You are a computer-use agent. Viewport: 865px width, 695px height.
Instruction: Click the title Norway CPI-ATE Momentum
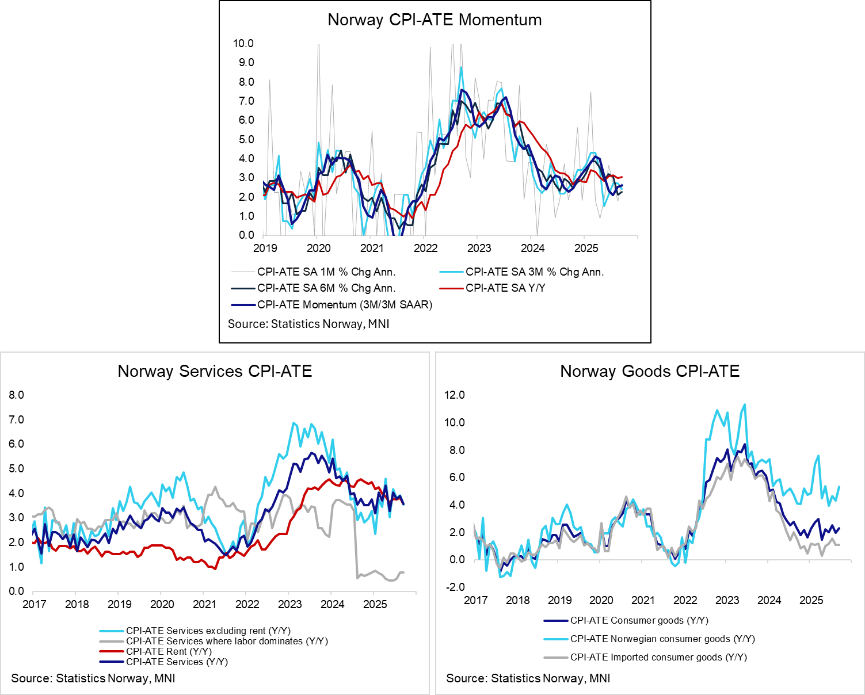tap(435, 20)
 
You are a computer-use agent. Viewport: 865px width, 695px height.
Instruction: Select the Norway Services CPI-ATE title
tap(215, 372)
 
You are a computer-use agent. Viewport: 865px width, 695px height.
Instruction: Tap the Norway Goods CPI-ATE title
tap(650, 372)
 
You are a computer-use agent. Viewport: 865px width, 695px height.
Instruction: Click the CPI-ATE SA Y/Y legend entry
tap(505, 288)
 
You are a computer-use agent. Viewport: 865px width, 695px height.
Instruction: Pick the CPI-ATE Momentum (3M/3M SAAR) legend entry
tap(344, 305)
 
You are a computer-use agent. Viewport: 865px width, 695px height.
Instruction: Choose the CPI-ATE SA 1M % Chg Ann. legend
tap(326, 272)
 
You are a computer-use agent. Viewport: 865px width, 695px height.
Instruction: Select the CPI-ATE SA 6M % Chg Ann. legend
tap(326, 288)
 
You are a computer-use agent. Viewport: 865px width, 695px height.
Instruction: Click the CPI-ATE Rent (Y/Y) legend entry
tap(169, 651)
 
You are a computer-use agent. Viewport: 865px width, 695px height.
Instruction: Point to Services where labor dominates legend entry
tap(227, 641)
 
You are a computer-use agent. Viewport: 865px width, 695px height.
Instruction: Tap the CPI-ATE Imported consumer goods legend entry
tap(658, 657)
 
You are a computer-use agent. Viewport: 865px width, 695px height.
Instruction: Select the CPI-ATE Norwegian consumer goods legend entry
tap(662, 639)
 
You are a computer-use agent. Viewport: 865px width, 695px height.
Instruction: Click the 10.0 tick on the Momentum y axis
tap(243, 44)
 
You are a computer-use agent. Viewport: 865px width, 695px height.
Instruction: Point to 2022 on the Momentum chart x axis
tap(425, 249)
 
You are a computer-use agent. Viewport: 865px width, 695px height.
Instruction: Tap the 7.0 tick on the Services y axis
tap(17, 419)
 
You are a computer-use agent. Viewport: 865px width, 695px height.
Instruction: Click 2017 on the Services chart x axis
tap(35, 604)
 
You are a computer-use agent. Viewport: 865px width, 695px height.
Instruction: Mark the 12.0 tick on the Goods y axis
tap(454, 395)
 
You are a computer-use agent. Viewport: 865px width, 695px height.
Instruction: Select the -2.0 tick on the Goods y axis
tap(454, 587)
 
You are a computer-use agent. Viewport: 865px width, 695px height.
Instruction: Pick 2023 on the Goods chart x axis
tap(727, 601)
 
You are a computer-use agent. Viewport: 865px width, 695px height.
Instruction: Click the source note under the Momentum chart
tap(308, 324)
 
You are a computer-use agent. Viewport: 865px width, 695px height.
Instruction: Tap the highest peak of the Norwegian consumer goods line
tap(745, 404)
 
